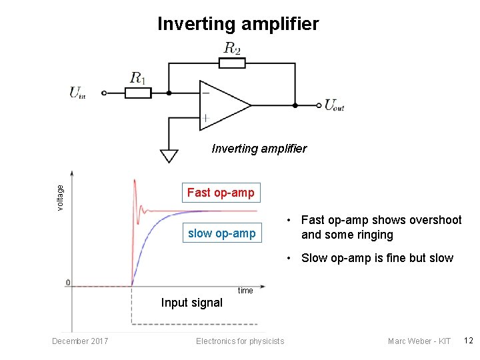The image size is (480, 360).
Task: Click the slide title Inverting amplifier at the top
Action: [238, 25]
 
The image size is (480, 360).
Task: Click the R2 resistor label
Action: [232, 48]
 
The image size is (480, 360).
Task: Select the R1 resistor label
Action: [138, 78]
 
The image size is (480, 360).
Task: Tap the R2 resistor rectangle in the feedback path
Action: [232, 63]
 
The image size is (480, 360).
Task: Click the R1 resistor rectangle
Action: [138, 93]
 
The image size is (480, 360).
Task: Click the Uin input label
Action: [77, 93]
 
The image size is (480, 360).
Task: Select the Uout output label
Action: [334, 105]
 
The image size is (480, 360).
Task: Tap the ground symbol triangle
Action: [169, 156]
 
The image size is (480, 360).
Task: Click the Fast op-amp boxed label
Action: [221, 193]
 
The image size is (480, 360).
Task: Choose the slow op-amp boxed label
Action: [221, 233]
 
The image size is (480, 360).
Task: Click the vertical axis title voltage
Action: [61, 198]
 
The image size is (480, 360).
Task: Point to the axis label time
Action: [245, 291]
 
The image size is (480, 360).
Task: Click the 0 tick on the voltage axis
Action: [68, 283]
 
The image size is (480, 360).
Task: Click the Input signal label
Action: [191, 303]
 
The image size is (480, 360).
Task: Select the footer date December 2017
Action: [79, 341]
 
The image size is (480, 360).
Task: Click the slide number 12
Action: [468, 341]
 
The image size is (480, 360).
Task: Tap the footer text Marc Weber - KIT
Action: [419, 341]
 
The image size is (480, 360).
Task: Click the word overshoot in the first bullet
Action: [432, 220]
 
